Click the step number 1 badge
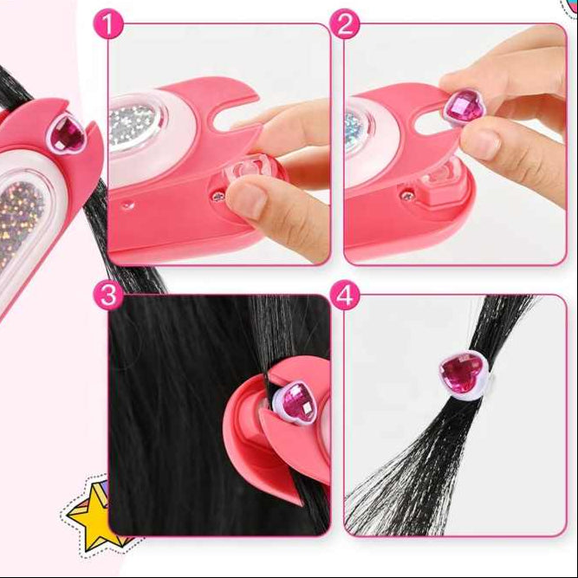110,24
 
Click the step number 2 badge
345,24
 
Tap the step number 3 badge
107,295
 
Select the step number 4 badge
345,295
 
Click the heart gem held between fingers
465,105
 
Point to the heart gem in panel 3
295,399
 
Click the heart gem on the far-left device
65,133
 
